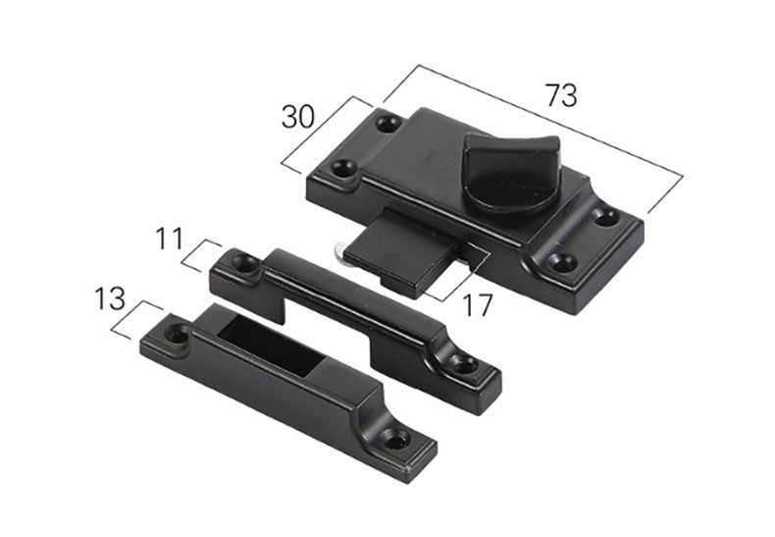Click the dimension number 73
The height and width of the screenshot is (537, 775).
(x=561, y=95)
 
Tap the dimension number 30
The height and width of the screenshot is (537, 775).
(x=297, y=117)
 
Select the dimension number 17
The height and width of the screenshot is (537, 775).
(x=477, y=304)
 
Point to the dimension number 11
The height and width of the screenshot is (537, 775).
(x=170, y=238)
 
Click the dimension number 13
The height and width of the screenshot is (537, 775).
(x=109, y=298)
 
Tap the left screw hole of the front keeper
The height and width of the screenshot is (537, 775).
(x=177, y=334)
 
